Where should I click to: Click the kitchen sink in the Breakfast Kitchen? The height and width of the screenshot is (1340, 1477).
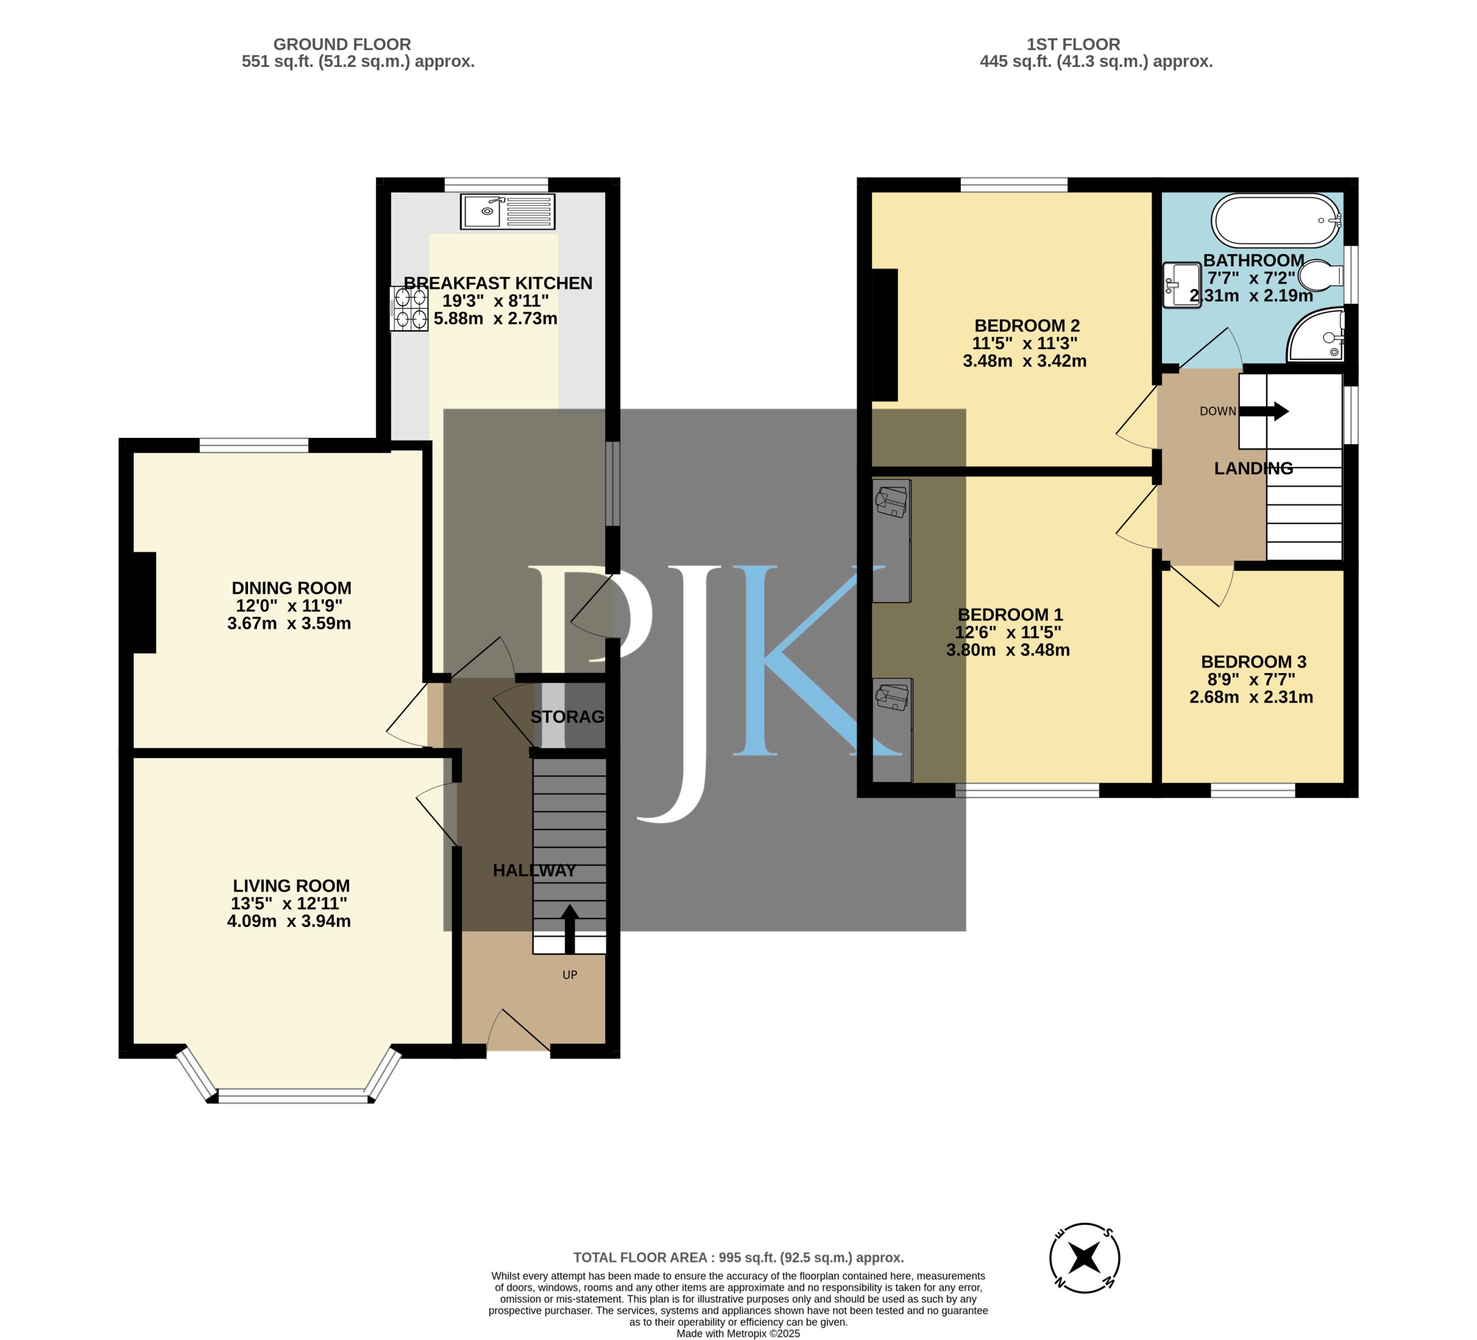[x=507, y=211]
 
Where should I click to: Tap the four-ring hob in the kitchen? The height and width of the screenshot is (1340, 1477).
[x=409, y=309]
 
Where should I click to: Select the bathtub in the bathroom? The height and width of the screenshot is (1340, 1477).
[x=1276, y=220]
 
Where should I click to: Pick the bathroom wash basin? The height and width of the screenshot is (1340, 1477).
[x=1182, y=286]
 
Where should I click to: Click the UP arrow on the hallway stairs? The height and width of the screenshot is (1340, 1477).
[x=569, y=928]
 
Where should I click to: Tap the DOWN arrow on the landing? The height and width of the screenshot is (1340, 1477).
[x=1264, y=411]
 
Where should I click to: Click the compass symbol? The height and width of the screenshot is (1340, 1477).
[x=1084, y=1258]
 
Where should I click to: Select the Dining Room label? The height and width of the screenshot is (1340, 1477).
[x=291, y=588]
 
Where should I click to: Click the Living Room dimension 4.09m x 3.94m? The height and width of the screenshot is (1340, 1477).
[x=288, y=921]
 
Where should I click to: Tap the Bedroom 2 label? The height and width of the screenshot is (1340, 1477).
[x=1026, y=325]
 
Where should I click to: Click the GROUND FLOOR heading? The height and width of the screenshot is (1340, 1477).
[x=342, y=44]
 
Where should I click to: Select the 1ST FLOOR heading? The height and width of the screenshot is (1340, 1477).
[x=1073, y=44]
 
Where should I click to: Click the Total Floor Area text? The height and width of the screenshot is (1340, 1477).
[x=738, y=1257]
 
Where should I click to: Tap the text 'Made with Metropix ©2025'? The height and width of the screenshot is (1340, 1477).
[x=738, y=1334]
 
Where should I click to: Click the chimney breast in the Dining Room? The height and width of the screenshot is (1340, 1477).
[x=144, y=602]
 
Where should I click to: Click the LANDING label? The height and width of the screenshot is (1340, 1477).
[x=1254, y=468]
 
